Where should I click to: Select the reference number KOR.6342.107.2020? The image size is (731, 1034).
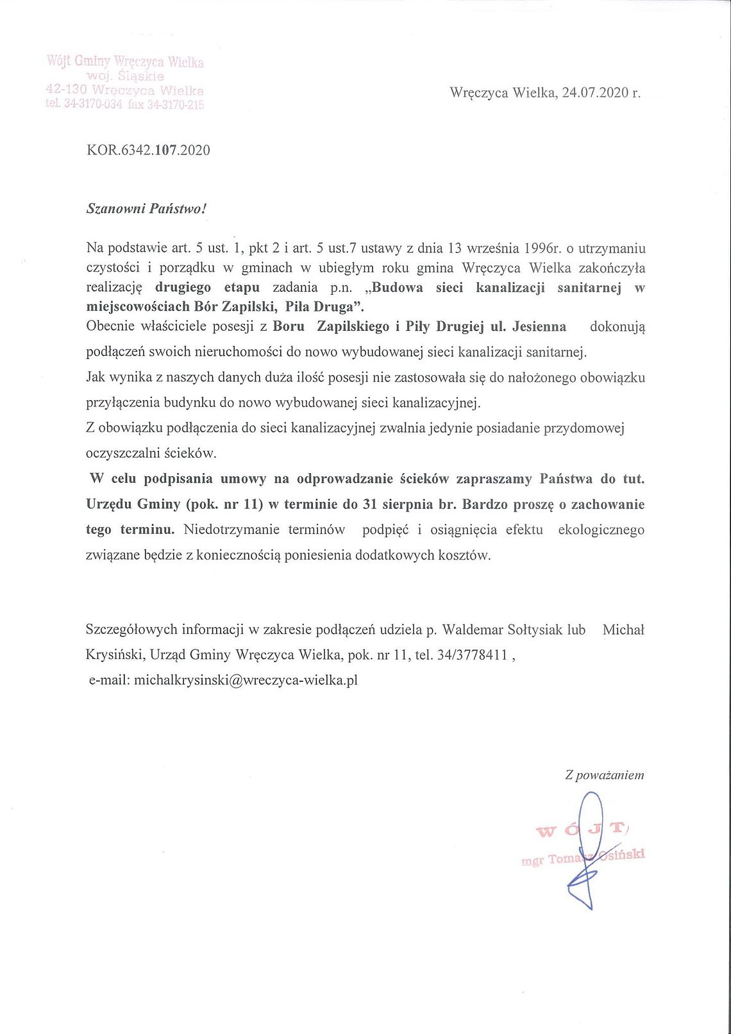[148, 150]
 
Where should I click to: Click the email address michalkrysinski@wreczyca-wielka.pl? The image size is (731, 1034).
[246, 680]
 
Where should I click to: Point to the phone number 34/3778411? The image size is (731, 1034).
[473, 655]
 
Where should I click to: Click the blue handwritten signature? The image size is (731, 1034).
[585, 853]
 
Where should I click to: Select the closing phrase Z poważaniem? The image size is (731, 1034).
[604, 775]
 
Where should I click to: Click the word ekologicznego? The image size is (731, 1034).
[601, 530]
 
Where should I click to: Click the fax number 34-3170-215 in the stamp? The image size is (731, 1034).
[175, 104]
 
